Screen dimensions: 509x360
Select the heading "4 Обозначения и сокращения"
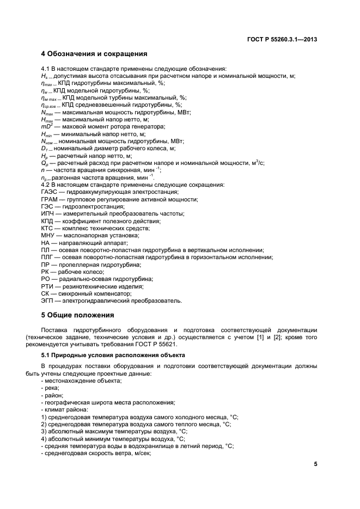(94, 54)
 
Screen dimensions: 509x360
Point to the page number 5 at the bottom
(315, 464)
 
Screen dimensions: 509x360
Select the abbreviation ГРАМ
(50, 199)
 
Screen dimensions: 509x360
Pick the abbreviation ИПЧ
(48, 214)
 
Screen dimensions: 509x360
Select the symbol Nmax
(48, 112)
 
